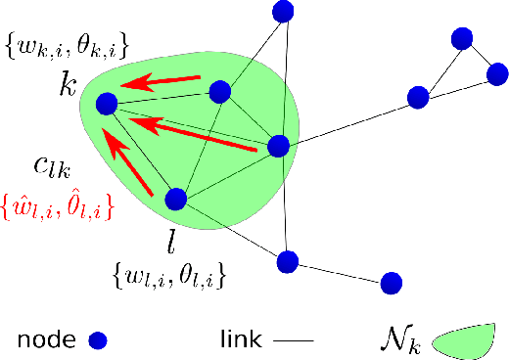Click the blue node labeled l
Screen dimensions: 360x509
coord(176,200)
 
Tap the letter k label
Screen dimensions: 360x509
coord(68,84)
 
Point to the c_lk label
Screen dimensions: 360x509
coord(51,169)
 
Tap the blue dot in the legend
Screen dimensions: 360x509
coord(97,340)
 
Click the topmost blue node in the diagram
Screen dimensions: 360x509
coord(284,12)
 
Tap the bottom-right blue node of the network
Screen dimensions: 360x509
coord(392,284)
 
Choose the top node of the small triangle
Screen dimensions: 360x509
coord(463,39)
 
